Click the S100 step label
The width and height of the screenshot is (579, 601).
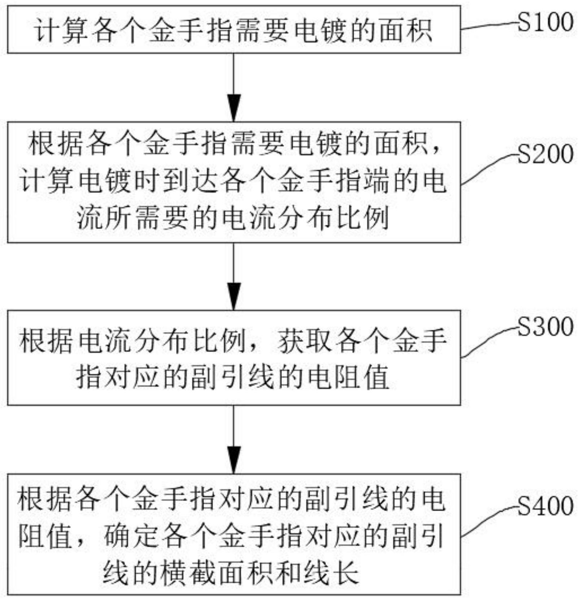tap(545, 22)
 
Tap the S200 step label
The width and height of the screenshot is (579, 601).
tap(545, 154)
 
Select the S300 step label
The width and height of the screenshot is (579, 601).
tap(545, 327)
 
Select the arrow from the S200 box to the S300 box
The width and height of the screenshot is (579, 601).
tap(234, 276)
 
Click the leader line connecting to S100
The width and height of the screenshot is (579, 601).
tap(489, 26)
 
